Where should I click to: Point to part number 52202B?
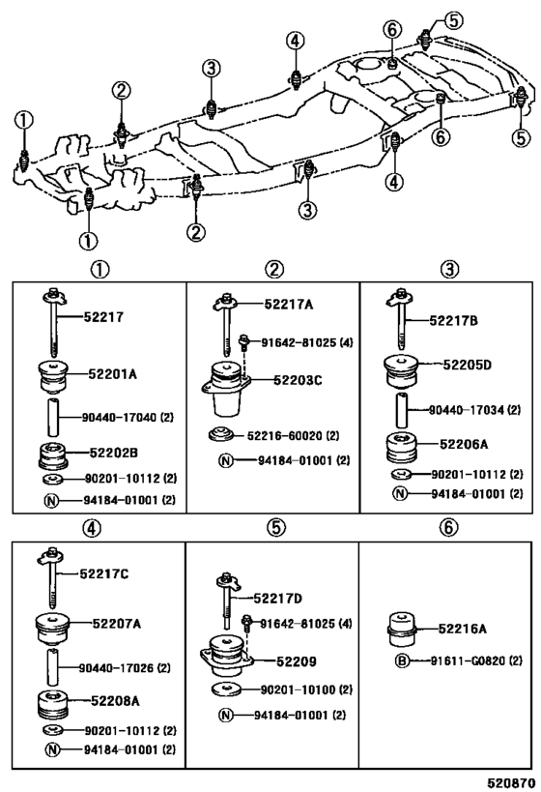click(115, 452)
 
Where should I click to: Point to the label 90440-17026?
click(122, 667)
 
